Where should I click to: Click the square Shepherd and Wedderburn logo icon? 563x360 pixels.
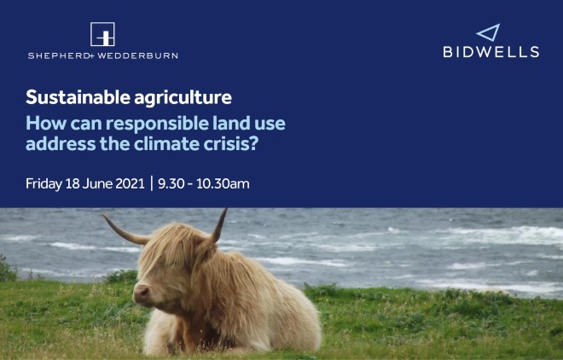[x=102, y=34]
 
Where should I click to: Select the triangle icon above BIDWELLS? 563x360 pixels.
[x=489, y=32]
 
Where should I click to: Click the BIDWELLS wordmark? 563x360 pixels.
[x=491, y=52]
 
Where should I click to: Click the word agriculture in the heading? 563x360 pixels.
[x=183, y=98]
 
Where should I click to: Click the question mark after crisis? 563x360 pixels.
[x=254, y=144]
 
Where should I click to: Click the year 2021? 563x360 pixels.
[x=130, y=183]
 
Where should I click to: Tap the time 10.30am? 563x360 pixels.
[x=223, y=183]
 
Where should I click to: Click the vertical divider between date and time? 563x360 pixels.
[x=152, y=183]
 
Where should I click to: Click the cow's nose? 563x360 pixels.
[x=142, y=293]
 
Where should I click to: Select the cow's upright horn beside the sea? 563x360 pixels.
[x=219, y=226]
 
